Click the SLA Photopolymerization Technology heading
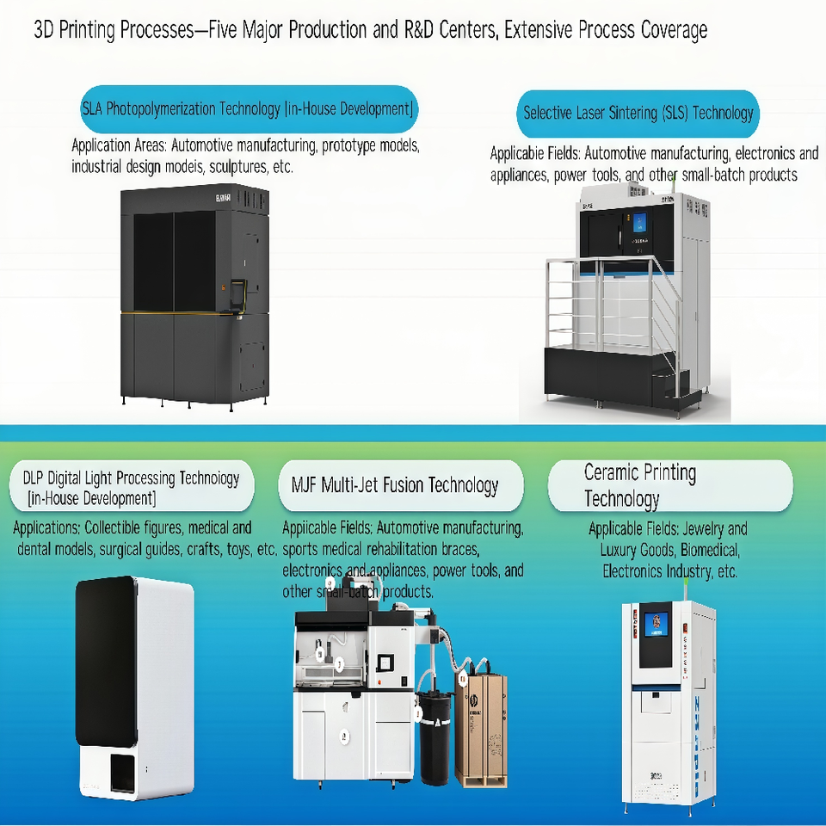248,109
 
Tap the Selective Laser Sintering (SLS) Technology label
638,113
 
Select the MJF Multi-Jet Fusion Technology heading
389,485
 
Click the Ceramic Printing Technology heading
640,485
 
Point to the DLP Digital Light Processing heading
131,487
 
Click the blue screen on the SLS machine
639,223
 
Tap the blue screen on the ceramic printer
656,622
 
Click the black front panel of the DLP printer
105,661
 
